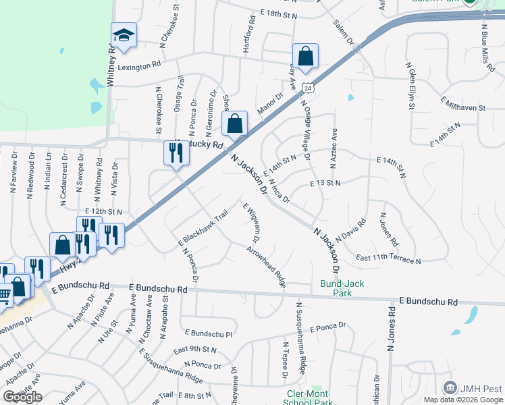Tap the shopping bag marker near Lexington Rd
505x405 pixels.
click(305, 58)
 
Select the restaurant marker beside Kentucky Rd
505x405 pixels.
click(176, 153)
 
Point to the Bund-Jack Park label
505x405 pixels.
click(342, 288)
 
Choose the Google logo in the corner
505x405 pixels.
click(22, 397)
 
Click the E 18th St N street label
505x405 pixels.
click(278, 13)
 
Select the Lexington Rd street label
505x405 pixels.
click(139, 67)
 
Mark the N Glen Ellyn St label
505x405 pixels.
click(409, 86)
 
